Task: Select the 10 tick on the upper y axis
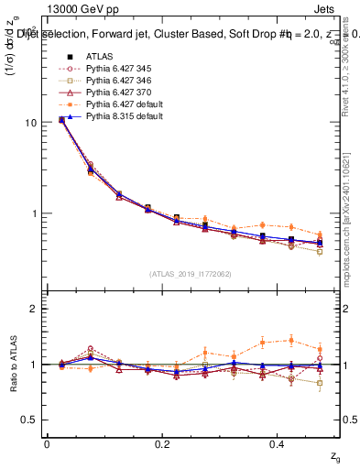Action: click(30, 123)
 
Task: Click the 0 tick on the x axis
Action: click(47, 443)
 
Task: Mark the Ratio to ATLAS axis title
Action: click(13, 363)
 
